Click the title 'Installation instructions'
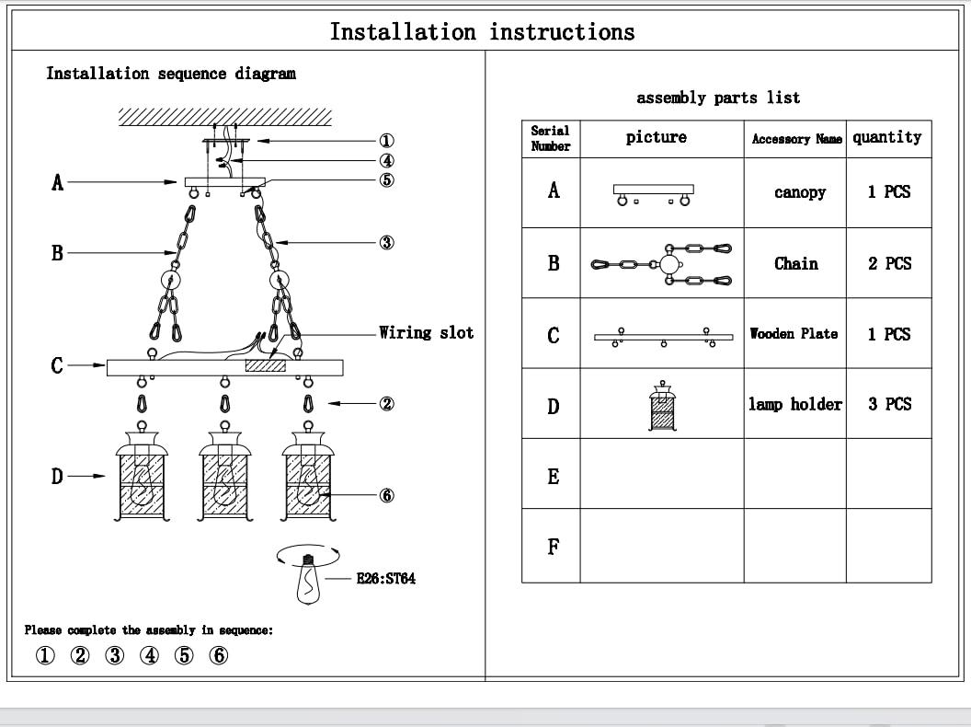pyautogui.click(x=482, y=32)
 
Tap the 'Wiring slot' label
pyautogui.click(x=427, y=332)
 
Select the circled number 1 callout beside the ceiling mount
pyautogui.click(x=387, y=141)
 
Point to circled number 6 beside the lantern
pyautogui.click(x=387, y=495)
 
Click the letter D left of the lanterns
pyautogui.click(x=57, y=476)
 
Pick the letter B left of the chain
pyautogui.click(x=57, y=252)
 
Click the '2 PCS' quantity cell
pyautogui.click(x=888, y=263)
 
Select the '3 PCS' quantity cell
pyautogui.click(x=888, y=404)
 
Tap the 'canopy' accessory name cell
pyautogui.click(x=798, y=193)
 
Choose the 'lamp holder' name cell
pyautogui.click(x=794, y=404)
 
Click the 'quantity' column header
pyautogui.click(x=886, y=138)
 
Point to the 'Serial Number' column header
pyautogui.click(x=551, y=139)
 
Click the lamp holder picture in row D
pyautogui.click(x=661, y=406)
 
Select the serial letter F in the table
pyautogui.click(x=553, y=547)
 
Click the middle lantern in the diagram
pyautogui.click(x=224, y=477)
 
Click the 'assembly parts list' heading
pyautogui.click(x=718, y=98)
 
